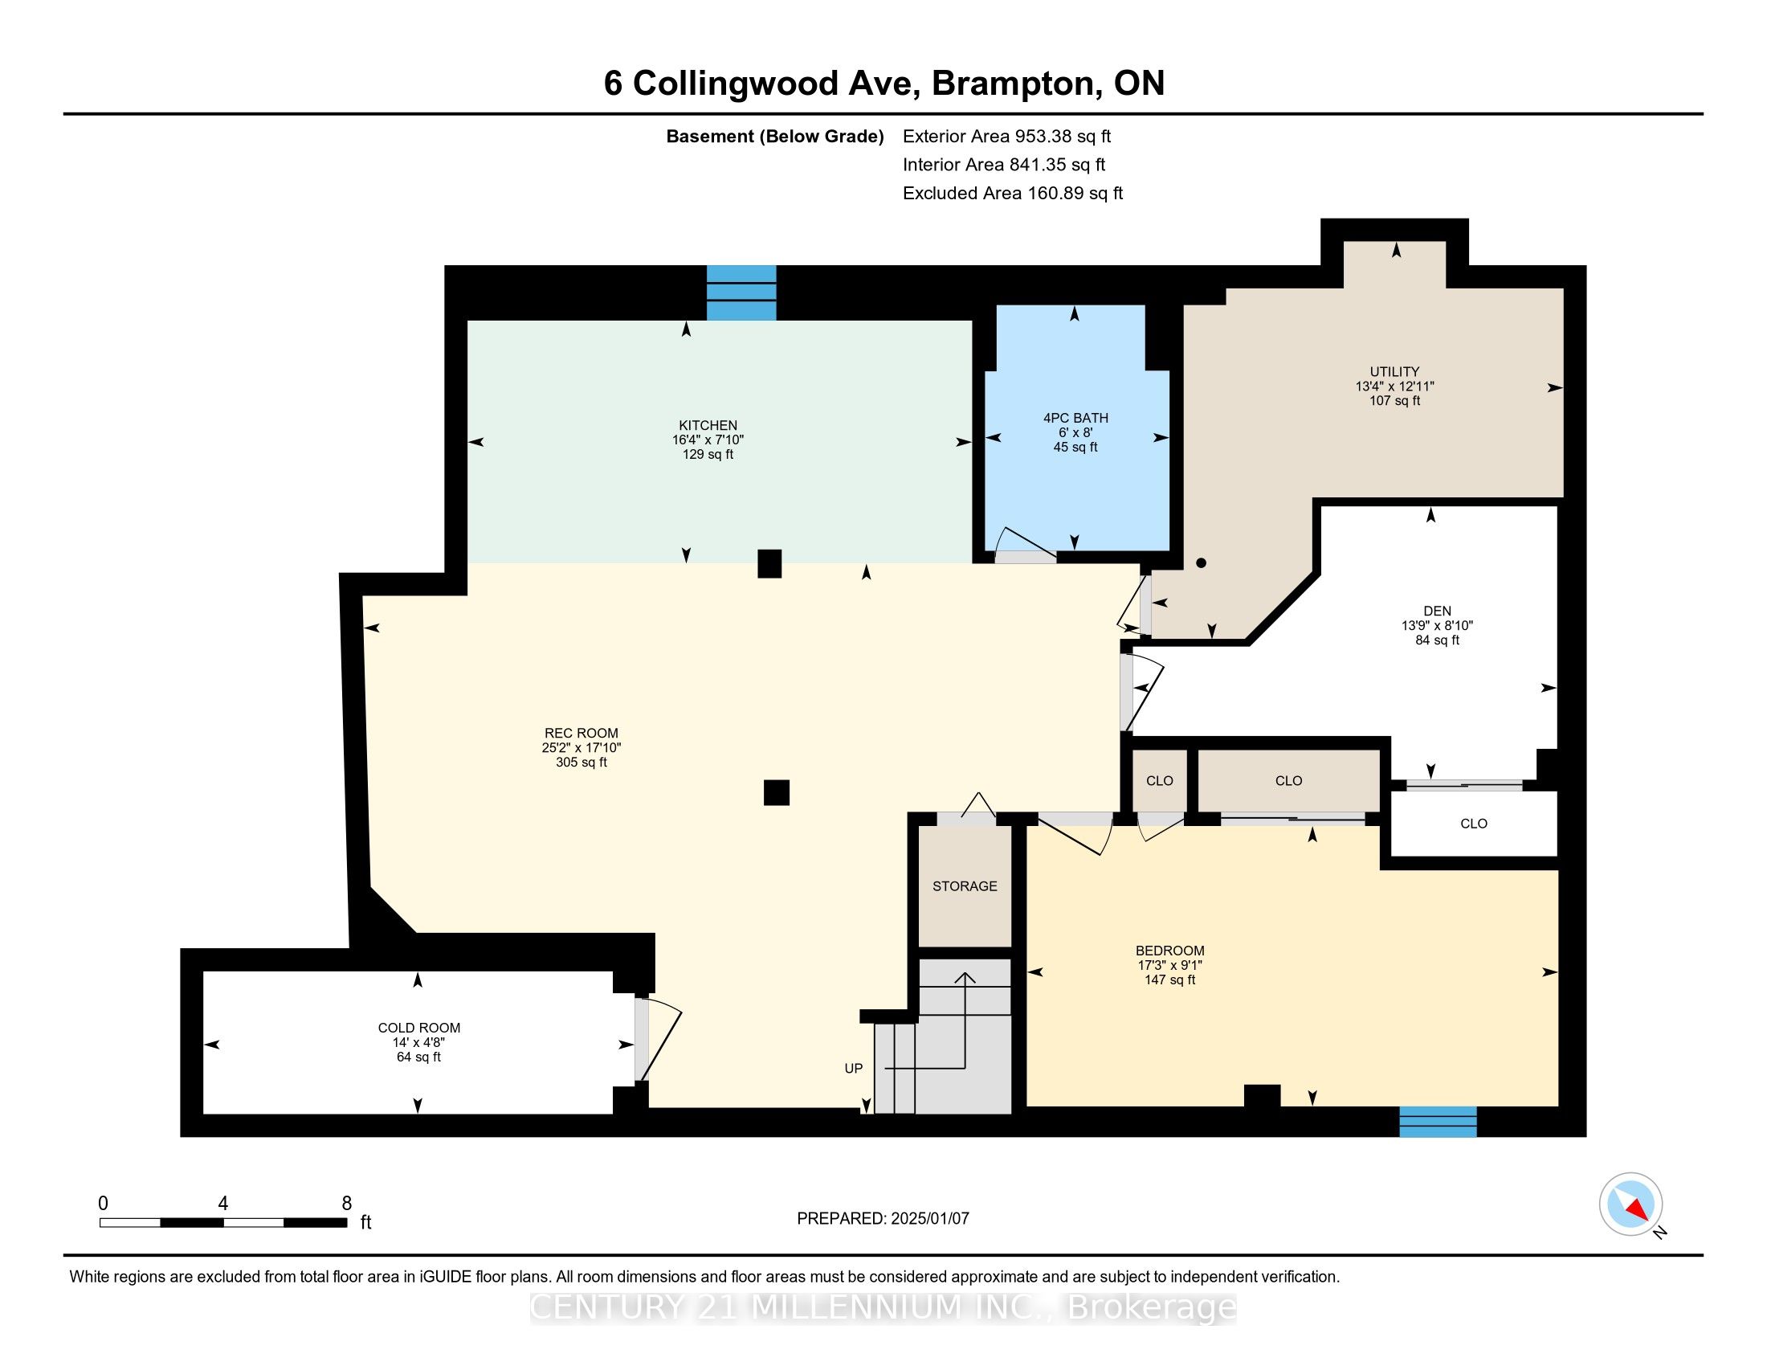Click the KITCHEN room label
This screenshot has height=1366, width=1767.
708,426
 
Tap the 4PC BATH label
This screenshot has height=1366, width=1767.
1075,419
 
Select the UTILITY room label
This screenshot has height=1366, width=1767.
1394,372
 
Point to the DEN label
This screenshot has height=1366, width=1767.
1437,611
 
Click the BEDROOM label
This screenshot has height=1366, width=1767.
1170,951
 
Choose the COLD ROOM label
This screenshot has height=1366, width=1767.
419,1028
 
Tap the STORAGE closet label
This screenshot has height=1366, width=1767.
965,886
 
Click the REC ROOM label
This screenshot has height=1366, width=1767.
581,733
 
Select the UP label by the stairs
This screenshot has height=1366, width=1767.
854,1068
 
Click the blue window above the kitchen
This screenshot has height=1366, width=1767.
741,293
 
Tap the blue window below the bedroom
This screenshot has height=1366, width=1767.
1438,1122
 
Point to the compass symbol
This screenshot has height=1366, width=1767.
1630,1204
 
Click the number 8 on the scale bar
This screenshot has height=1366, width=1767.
346,1204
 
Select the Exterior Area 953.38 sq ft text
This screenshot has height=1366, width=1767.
1006,136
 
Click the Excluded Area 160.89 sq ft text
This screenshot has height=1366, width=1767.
1012,193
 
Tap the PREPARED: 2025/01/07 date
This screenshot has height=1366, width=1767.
883,1218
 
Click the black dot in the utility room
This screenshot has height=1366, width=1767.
1202,562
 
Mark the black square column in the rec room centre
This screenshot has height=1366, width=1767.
776,792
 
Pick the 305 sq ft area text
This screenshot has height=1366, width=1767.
581,763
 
